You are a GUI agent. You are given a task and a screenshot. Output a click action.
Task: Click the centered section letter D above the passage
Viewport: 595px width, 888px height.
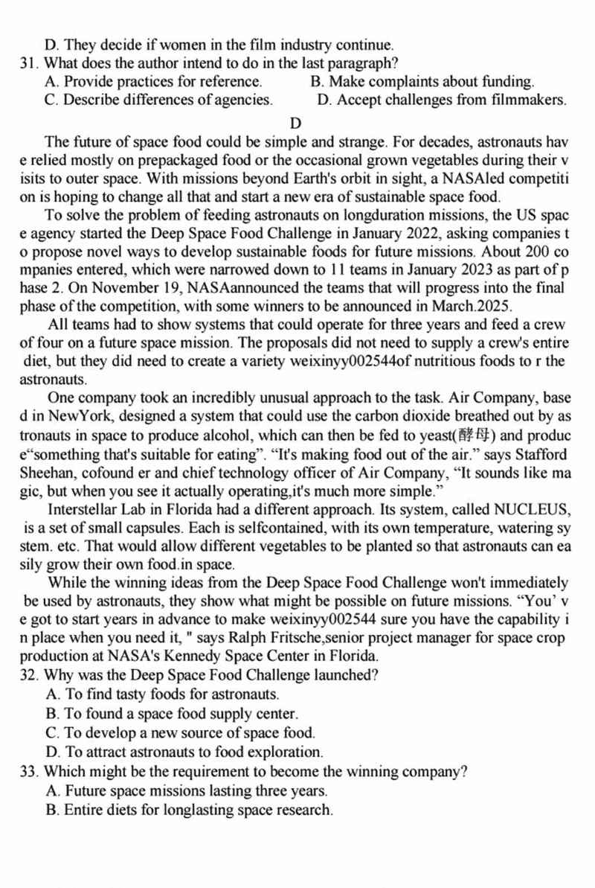[296, 121]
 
